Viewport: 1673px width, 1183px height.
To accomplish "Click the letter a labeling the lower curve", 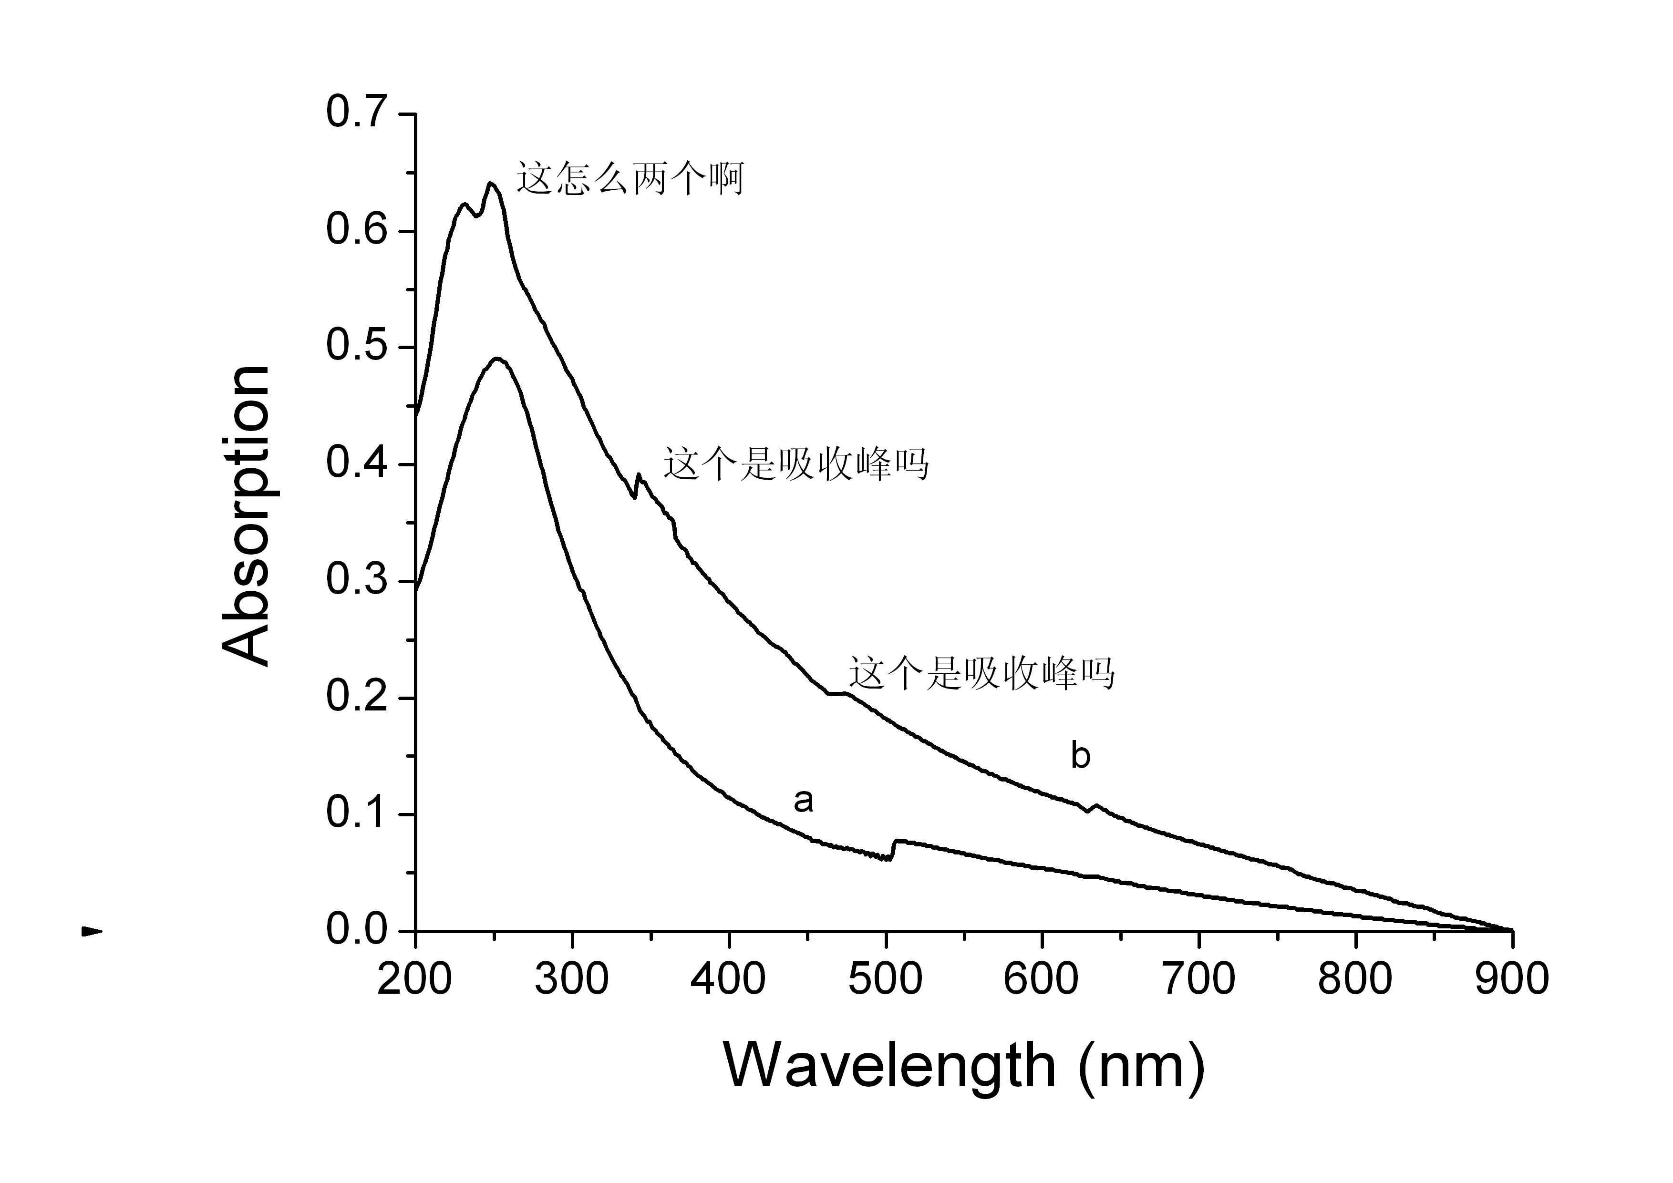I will point(802,801).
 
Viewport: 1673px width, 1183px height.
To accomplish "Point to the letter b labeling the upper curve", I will point(1080,755).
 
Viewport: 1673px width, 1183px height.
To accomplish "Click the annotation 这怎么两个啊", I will point(630,178).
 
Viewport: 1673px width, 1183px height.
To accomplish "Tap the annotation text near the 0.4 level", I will point(795,464).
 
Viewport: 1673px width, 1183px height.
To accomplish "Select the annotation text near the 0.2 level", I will point(981,673).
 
